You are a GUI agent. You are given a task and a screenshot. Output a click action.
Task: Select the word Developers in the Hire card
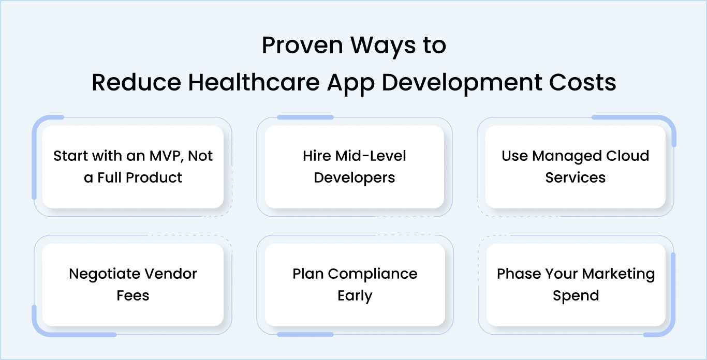click(x=355, y=177)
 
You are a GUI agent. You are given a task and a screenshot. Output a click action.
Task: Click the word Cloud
click(x=626, y=156)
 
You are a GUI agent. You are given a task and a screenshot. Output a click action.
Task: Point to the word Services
click(x=575, y=177)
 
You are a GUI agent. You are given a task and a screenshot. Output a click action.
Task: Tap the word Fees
click(x=133, y=295)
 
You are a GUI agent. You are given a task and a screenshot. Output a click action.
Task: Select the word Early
click(x=355, y=295)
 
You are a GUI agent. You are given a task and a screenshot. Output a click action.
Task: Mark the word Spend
click(x=576, y=295)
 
